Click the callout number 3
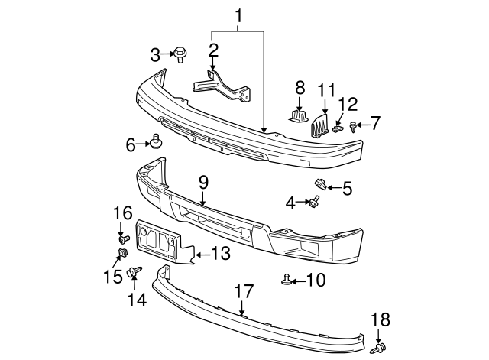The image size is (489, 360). [155, 54]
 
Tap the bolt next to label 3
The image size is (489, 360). [180, 54]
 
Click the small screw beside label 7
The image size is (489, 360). [352, 126]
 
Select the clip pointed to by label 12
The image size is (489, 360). [338, 128]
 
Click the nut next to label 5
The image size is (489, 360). [321, 183]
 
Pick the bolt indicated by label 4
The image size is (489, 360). [313, 203]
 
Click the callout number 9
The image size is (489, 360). [203, 182]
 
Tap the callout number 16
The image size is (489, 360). [123, 213]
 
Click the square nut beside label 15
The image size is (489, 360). [122, 254]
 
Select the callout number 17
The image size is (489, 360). [243, 291]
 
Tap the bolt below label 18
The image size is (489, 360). [377, 348]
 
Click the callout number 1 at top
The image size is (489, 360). [239, 15]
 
